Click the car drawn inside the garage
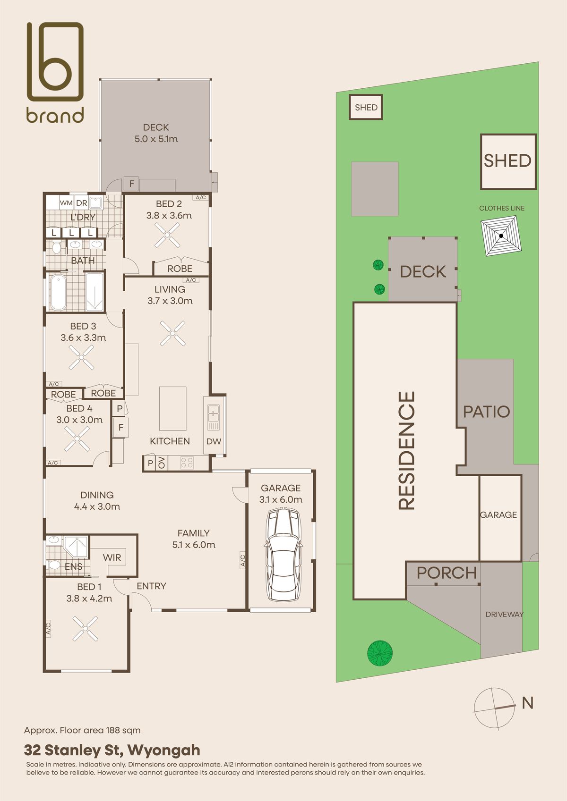(x=283, y=555)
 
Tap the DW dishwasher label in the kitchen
(x=214, y=441)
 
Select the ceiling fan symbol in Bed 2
(x=167, y=235)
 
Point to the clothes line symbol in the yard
(x=501, y=236)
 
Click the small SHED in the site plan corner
(x=366, y=107)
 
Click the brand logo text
(x=55, y=115)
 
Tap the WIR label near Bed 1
(x=112, y=557)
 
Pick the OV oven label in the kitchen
(x=162, y=463)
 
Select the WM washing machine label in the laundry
(x=66, y=203)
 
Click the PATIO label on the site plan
(x=487, y=412)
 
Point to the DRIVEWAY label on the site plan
(x=504, y=615)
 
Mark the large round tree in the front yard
(x=380, y=653)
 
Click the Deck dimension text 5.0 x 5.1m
(x=156, y=139)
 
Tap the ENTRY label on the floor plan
(x=151, y=586)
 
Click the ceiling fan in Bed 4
(x=77, y=439)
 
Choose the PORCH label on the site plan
(x=447, y=573)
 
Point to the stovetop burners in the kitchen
(x=187, y=463)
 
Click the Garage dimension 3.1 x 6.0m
(x=281, y=499)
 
